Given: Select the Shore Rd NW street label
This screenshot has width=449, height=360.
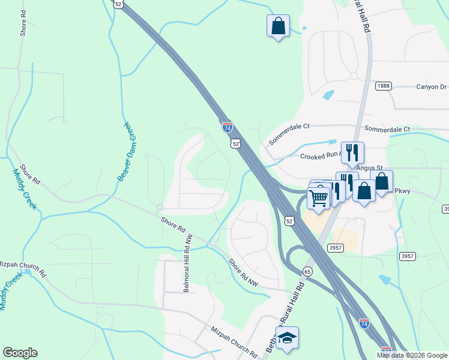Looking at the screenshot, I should pyautogui.click(x=244, y=273).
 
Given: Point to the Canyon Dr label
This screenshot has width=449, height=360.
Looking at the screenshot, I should pyautogui.click(x=432, y=87).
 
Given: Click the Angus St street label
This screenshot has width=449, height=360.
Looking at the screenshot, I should pyautogui.click(x=369, y=169).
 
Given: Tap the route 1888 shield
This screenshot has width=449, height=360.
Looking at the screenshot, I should pyautogui.click(x=384, y=86).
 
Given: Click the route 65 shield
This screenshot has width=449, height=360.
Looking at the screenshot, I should pyautogui.click(x=307, y=271).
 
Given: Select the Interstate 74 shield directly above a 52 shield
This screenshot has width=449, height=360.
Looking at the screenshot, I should pyautogui.click(x=227, y=127).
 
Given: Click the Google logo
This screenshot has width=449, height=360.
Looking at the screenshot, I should pyautogui.click(x=20, y=353).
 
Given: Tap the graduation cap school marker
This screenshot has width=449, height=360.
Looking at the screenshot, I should pyautogui.click(x=287, y=338).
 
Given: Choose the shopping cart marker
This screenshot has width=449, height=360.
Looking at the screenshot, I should pyautogui.click(x=319, y=197).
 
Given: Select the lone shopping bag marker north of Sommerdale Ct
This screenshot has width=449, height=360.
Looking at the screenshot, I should pyautogui.click(x=278, y=26).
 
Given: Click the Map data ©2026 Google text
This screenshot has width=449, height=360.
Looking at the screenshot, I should pyautogui.click(x=412, y=355).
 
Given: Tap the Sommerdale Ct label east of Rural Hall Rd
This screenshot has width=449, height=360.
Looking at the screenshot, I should pyautogui.click(x=387, y=129).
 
